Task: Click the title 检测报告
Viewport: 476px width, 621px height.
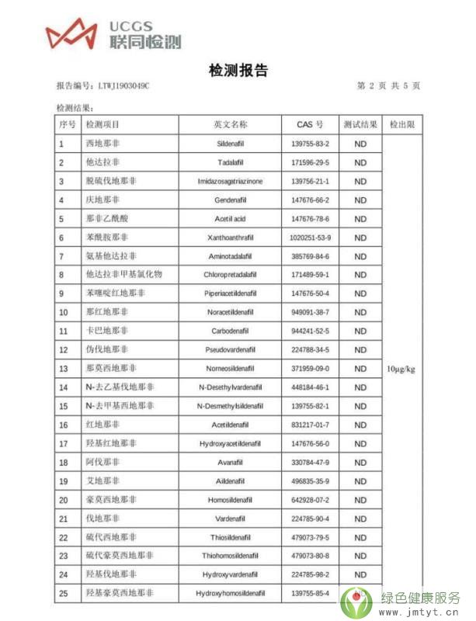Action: pos(238,71)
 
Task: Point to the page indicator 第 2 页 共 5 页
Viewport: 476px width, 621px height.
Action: pos(388,85)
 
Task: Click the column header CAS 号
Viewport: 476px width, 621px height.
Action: pos(310,124)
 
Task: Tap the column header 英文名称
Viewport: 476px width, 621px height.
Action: pos(230,124)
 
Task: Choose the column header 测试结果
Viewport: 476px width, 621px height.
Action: pos(360,124)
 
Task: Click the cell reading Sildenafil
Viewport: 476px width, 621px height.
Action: pos(230,144)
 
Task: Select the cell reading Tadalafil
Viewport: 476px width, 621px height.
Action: pos(230,162)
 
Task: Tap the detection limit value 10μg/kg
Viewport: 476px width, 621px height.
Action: pos(401,369)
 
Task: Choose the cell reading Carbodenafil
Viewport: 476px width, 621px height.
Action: pos(230,331)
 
